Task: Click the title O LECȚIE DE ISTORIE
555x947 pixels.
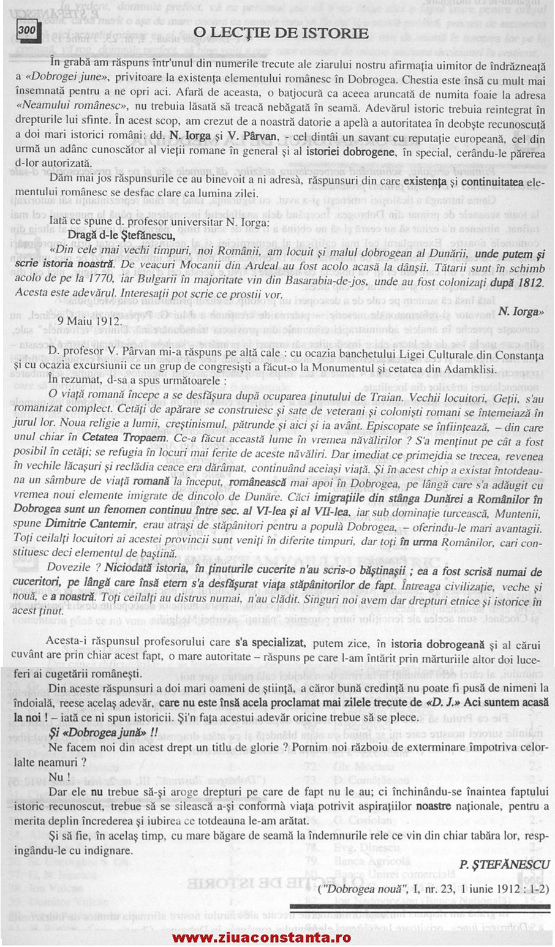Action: point(281,32)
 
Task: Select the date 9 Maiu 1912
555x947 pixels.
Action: point(89,320)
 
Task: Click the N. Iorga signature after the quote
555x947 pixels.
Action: point(520,311)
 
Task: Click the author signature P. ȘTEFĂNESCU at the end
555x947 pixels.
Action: point(505,864)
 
